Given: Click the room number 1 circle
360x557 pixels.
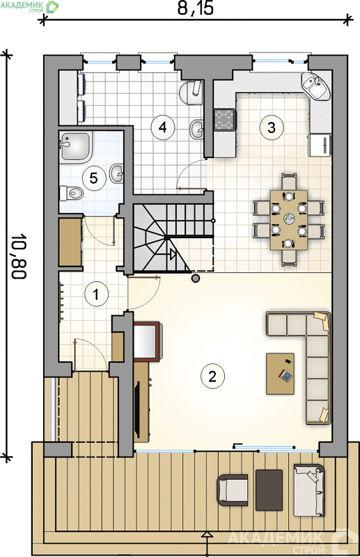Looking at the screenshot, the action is coord(96,294).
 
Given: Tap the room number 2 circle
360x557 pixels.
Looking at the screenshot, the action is coord(212,377).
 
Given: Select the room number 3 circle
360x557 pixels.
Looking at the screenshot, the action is coord(272,127).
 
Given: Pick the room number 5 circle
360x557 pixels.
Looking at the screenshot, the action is coord(94,178).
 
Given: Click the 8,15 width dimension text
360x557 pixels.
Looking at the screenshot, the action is coord(195,8).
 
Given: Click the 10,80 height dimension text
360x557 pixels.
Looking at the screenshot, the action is coord(19,256).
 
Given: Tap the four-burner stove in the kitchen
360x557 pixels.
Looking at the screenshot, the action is coord(224,120).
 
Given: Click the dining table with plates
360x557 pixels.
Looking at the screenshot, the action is coord(288,220).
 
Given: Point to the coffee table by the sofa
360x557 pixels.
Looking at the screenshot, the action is coord(281,374).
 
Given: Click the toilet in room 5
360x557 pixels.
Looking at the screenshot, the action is coord(72,193).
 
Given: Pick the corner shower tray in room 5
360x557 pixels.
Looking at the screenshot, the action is coord(76,146).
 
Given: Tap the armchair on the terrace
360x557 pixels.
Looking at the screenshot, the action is coord(233,490).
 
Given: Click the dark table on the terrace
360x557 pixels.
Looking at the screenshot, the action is coord(269,490).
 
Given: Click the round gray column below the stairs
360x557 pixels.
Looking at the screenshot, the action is coord(195,278).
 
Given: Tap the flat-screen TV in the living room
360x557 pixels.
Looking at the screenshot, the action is coord(136,409).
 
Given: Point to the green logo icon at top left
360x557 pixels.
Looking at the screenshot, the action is coord(53,7).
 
